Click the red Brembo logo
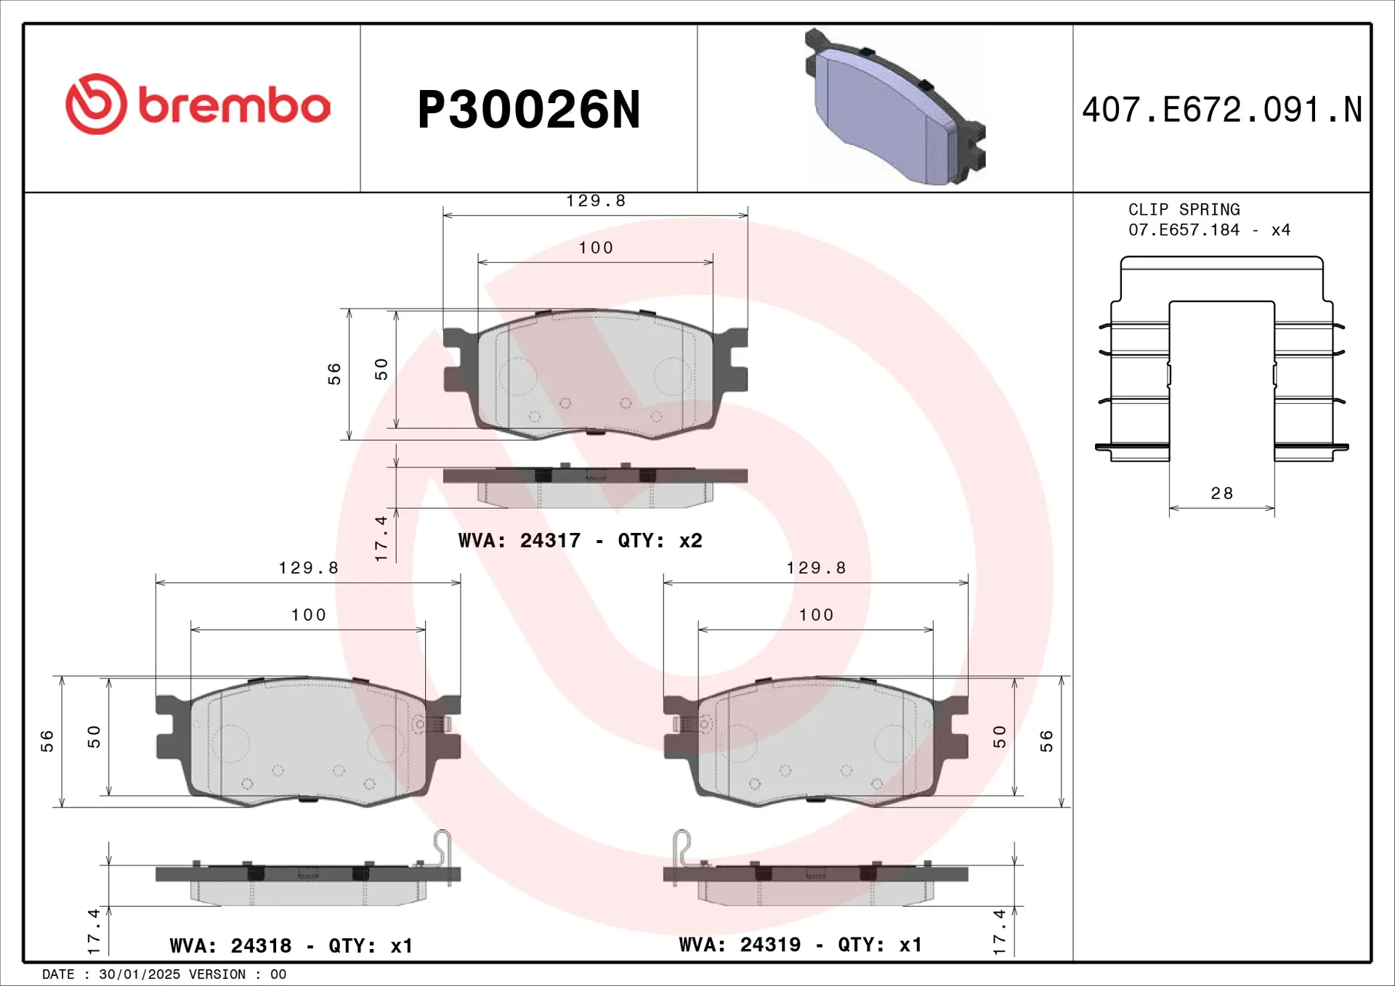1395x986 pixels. [x=198, y=105]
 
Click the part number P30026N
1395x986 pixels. [x=528, y=110]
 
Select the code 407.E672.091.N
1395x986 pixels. [x=1221, y=110]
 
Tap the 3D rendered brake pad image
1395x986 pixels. [x=894, y=109]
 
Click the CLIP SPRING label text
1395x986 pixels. [x=1184, y=210]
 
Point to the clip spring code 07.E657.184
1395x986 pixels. [x=1184, y=230]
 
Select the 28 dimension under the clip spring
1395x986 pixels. [x=1221, y=494]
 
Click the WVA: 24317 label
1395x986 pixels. [x=519, y=541]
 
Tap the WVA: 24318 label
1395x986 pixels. [x=230, y=945]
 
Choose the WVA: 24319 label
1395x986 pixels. [x=740, y=945]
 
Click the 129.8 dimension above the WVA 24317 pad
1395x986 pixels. [x=596, y=201]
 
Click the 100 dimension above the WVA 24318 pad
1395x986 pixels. [x=308, y=615]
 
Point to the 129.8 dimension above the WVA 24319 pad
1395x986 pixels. [x=816, y=568]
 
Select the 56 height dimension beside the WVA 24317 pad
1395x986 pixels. [x=333, y=373]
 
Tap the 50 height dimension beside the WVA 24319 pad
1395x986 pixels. [x=1000, y=736]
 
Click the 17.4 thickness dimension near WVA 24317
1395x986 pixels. [x=381, y=538]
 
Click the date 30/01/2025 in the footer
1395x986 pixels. [x=139, y=974]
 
